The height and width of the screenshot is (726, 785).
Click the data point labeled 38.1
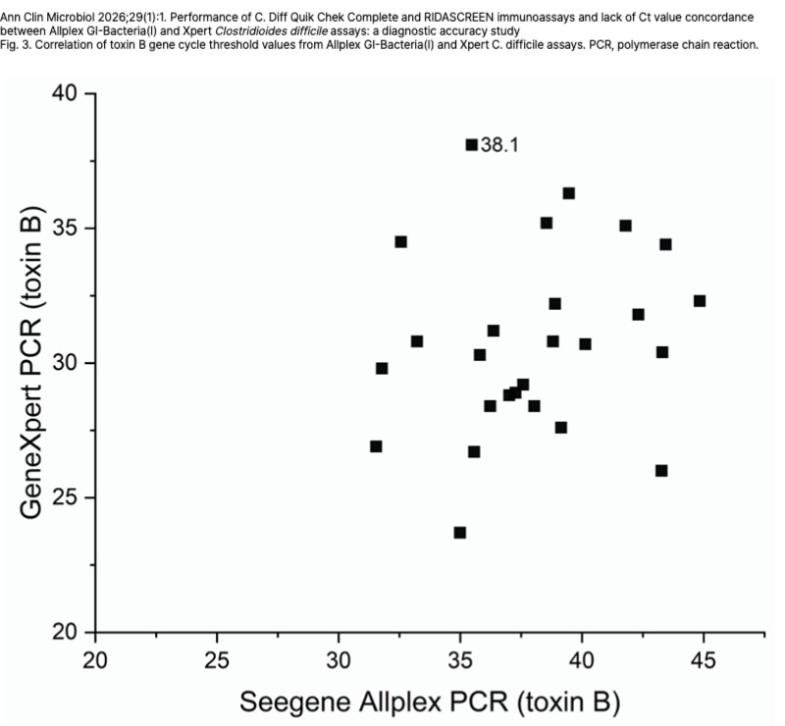(471, 144)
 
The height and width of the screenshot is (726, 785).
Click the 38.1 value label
(499, 145)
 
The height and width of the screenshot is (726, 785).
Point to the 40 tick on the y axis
(66, 94)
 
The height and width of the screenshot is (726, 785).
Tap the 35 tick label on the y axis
(66, 229)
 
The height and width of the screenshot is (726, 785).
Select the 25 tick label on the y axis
(66, 497)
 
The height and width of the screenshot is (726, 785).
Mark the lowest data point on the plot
(459, 533)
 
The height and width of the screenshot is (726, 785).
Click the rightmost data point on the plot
(700, 300)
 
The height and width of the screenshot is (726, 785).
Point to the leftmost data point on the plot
(376, 446)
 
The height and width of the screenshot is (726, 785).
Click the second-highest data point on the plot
(568, 193)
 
